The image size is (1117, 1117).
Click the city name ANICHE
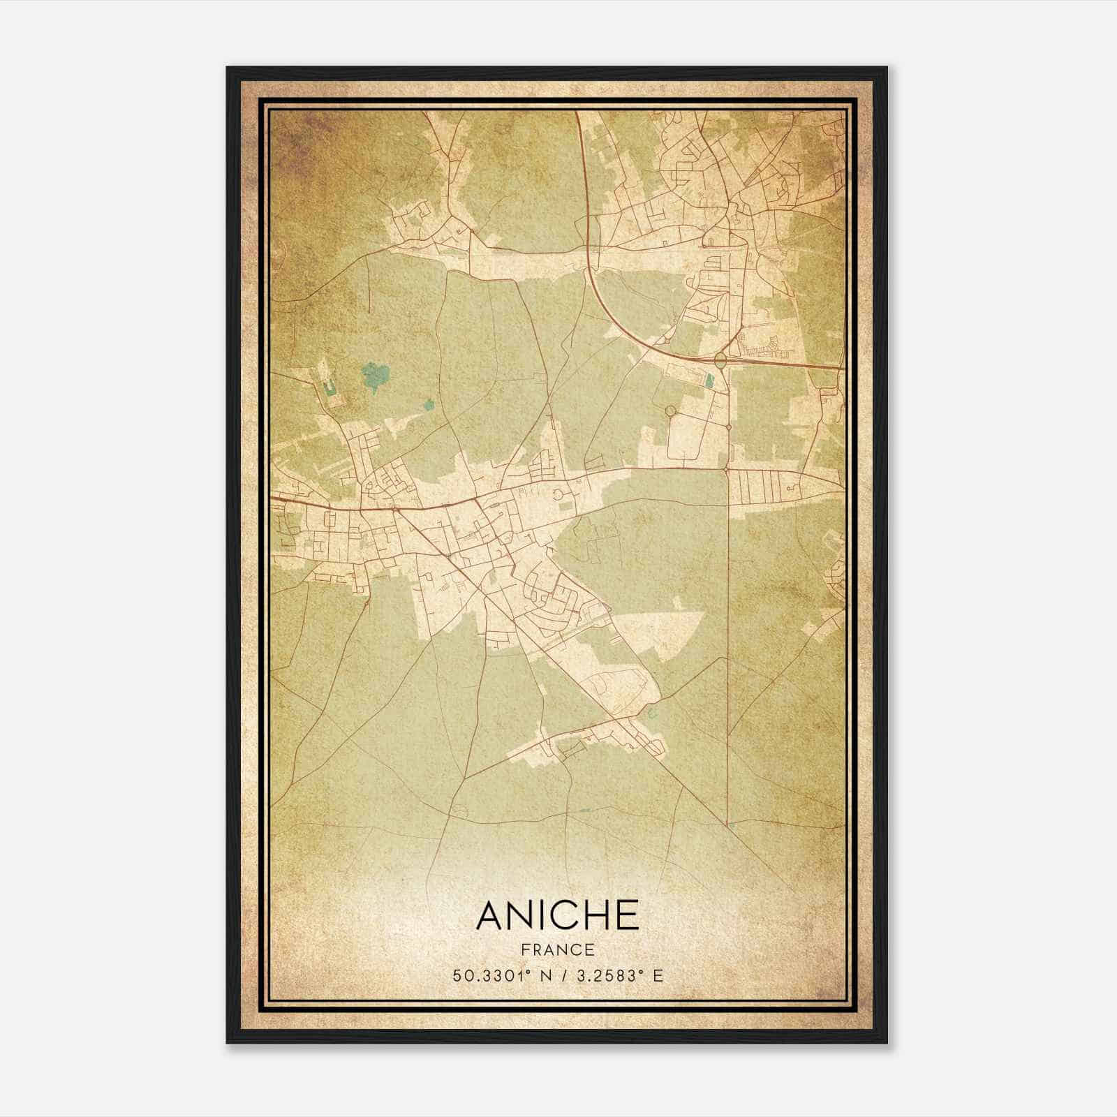click(557, 915)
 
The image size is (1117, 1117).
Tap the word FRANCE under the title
click(557, 950)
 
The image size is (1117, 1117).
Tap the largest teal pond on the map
click(375, 377)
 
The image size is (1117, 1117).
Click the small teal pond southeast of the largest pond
click(428, 404)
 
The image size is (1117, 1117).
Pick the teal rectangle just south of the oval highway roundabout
click(710, 380)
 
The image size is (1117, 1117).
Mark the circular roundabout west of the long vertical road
click(671, 410)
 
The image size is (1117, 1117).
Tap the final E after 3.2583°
click(657, 975)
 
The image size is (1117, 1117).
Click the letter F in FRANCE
click(524, 950)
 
